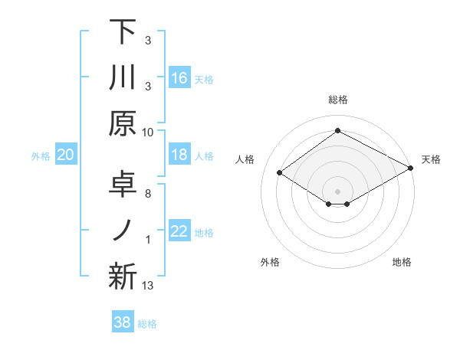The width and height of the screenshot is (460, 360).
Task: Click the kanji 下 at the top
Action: point(123,32)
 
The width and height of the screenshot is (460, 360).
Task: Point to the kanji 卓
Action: point(123,185)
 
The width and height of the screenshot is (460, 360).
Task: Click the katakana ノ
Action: point(123,231)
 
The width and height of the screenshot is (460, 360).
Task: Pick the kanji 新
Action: point(123,277)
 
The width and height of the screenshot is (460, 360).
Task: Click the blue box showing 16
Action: point(179,77)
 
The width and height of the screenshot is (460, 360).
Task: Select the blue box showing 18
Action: point(179,155)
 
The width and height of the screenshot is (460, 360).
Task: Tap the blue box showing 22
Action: point(179,232)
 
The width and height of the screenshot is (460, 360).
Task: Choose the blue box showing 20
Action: point(65,155)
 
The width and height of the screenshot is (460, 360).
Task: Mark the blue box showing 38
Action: point(123,322)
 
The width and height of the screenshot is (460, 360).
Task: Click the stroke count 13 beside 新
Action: point(149,286)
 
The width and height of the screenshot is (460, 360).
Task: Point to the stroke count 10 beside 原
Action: point(148,131)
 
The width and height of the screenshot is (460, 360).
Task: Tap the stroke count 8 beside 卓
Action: point(147,194)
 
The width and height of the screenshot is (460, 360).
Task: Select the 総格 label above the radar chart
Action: point(338,100)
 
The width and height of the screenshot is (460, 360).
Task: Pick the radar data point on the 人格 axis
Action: point(280,173)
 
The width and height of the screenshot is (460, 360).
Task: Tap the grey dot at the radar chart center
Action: point(338,191)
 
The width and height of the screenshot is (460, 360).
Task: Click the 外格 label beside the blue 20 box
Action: point(41,156)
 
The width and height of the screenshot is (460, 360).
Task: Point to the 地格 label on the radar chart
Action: point(402,262)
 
